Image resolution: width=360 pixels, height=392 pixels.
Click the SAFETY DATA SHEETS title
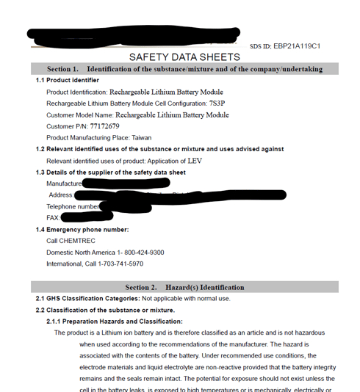(184, 57)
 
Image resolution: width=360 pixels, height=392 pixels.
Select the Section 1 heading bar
(184, 69)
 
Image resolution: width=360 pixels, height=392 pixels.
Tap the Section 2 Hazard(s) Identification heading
(184, 287)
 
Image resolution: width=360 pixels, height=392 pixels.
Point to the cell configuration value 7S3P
(217, 104)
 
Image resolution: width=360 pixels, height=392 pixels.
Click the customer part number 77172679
(103, 126)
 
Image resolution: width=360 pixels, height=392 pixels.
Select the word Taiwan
(142, 138)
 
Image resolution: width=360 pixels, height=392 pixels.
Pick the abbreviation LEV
(195, 161)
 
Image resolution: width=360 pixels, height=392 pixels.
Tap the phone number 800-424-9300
(139, 253)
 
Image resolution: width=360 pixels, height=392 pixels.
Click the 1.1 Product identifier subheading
(68, 80)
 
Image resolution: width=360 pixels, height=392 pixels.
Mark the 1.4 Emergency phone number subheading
(82, 230)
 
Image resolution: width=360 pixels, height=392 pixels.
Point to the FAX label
(53, 218)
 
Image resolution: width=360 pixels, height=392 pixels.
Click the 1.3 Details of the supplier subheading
(111, 173)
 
